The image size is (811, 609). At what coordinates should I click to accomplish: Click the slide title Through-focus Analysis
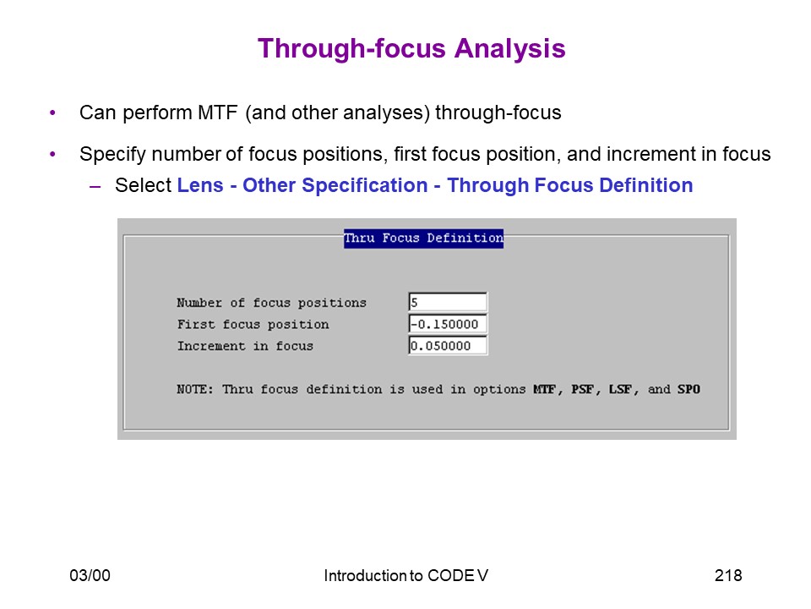point(411,49)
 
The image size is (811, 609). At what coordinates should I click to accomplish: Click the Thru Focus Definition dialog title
point(423,239)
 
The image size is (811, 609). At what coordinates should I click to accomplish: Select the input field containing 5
point(448,302)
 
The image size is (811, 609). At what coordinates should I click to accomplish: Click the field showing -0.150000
point(448,324)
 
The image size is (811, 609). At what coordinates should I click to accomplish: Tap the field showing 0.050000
point(448,346)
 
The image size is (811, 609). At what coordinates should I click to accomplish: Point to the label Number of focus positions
point(271,303)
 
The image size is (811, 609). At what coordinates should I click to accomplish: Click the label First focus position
point(253,325)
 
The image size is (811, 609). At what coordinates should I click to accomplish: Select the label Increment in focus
point(245,346)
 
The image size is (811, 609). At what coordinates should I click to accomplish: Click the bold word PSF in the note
point(582,389)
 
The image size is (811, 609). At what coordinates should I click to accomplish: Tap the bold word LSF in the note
point(620,389)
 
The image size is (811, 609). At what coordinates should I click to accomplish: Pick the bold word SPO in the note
point(689,389)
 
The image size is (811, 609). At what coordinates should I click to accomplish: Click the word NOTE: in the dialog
point(195,389)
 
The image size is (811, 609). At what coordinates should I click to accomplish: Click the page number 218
point(728,575)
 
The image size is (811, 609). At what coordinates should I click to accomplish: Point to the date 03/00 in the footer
point(90,575)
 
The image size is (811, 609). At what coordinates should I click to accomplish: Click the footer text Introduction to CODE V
point(406,575)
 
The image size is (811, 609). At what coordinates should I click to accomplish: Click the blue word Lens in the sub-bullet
point(200,185)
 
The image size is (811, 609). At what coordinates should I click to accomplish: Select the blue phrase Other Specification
point(335,185)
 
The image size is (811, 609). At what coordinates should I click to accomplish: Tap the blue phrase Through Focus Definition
point(570,185)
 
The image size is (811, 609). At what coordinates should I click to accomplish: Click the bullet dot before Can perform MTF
point(52,112)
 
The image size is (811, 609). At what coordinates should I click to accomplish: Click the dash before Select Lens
point(95,186)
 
